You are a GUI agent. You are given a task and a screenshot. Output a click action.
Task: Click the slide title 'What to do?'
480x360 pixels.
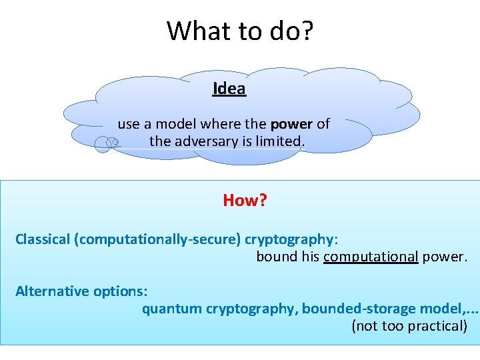tap(239, 31)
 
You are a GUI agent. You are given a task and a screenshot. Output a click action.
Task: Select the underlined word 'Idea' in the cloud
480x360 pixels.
tap(229, 89)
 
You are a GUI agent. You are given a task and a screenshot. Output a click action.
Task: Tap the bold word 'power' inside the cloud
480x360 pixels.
tap(291, 124)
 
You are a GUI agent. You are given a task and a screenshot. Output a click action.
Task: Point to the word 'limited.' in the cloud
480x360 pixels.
tap(283, 141)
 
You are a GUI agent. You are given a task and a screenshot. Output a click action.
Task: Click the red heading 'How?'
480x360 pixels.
tap(245, 201)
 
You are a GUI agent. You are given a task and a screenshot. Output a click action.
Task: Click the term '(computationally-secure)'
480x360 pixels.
tap(159, 239)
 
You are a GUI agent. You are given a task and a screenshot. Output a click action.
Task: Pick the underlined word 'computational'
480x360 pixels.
tap(371, 257)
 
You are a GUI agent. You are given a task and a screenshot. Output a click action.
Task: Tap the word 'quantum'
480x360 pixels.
tap(172, 309)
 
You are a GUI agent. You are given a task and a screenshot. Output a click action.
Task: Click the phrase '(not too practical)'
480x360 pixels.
tap(409, 326)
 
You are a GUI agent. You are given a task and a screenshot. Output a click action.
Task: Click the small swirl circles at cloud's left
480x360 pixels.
tap(106, 142)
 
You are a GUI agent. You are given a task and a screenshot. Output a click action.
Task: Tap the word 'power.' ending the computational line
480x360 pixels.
tap(445, 257)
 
